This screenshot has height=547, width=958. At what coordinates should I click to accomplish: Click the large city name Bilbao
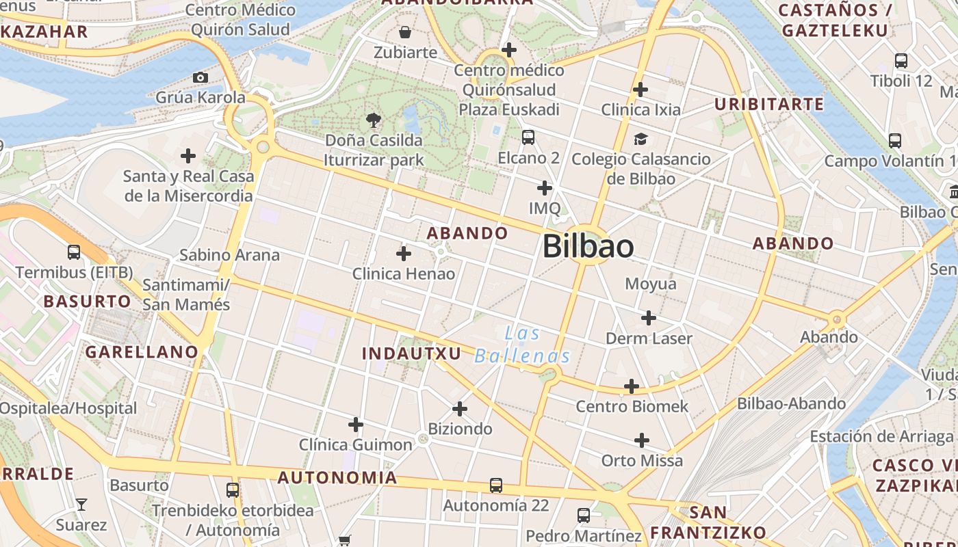(x=588, y=246)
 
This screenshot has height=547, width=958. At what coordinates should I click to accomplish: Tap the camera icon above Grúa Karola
(x=200, y=77)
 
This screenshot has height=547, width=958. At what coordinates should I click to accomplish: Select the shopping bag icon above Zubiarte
(x=405, y=32)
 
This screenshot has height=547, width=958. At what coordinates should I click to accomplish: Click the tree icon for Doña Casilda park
(x=374, y=120)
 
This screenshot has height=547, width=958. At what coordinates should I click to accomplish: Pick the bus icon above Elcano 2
(x=528, y=137)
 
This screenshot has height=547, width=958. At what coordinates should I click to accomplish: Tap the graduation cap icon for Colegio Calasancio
(x=640, y=139)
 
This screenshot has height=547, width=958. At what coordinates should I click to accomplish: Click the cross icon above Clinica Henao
(x=404, y=254)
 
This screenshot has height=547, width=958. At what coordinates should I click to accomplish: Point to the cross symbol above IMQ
(x=545, y=187)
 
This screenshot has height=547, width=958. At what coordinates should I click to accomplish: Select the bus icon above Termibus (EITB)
(x=74, y=252)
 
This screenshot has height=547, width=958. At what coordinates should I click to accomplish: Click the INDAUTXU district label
(x=412, y=353)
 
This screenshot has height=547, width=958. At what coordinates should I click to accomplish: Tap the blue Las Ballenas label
(x=523, y=345)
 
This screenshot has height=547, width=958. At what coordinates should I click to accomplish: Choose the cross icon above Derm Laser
(x=649, y=317)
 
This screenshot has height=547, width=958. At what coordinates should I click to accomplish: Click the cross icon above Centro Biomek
(x=632, y=386)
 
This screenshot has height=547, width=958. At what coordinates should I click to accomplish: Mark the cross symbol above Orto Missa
(x=642, y=440)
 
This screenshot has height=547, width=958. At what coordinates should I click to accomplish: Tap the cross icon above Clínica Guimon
(x=356, y=425)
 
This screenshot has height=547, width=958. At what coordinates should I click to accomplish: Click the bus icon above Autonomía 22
(x=496, y=485)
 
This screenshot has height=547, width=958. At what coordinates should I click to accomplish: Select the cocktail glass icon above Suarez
(x=81, y=505)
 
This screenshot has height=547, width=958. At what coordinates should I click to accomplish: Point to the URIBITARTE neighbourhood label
(x=769, y=104)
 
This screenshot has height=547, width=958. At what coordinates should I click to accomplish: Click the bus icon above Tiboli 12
(x=901, y=61)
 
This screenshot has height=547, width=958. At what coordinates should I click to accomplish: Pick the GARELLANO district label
(x=142, y=352)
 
